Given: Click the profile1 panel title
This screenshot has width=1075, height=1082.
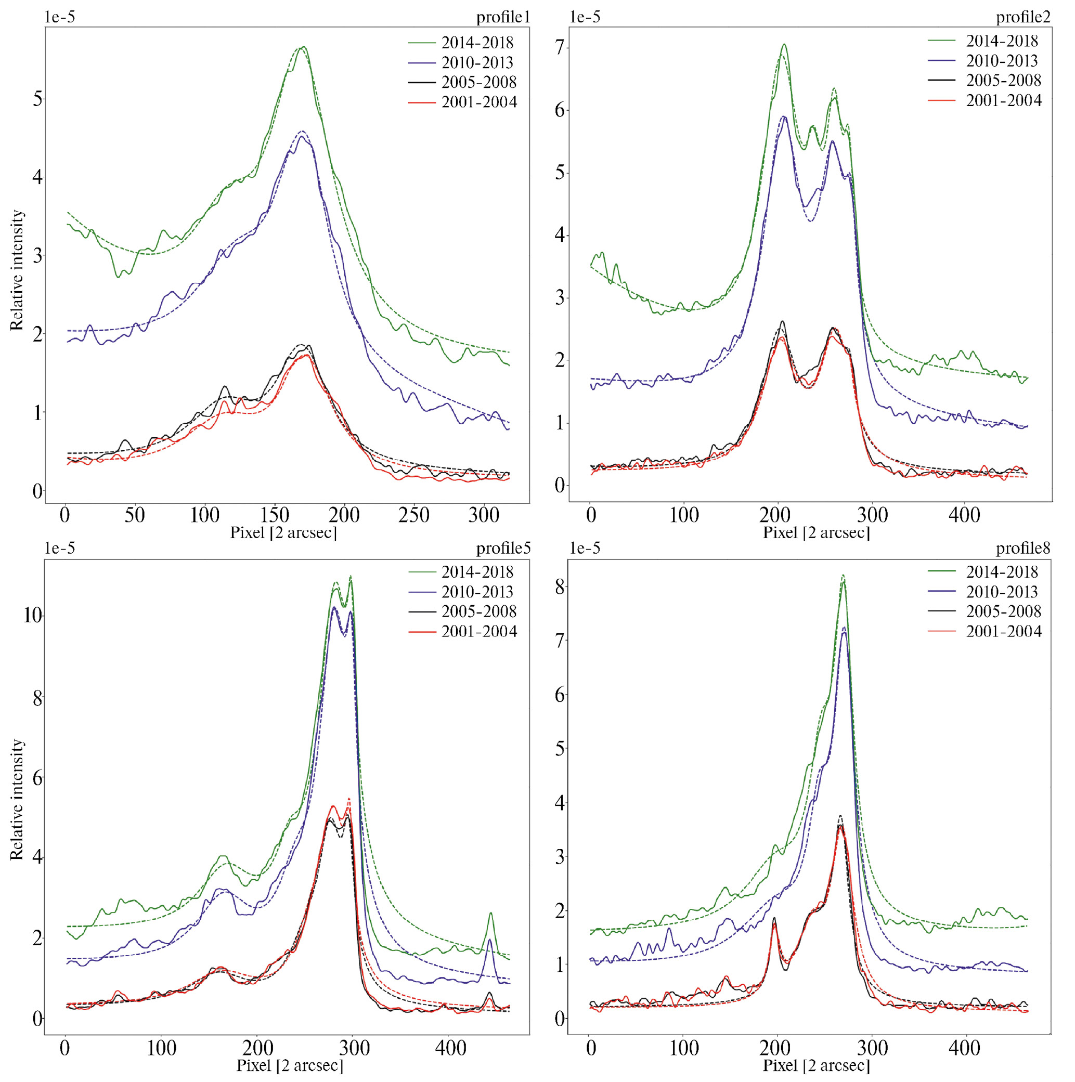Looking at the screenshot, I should pyautogui.click(x=502, y=17).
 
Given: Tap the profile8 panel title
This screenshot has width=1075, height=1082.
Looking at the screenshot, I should pyautogui.click(x=1023, y=549).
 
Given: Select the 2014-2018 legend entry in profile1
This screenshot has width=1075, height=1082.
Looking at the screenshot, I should pyautogui.click(x=477, y=43).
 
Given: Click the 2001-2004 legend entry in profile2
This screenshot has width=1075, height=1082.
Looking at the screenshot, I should pyautogui.click(x=1003, y=101).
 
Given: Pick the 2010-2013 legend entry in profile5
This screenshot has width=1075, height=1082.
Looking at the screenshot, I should pyautogui.click(x=477, y=592).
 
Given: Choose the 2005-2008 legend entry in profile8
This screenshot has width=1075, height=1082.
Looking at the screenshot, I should pyautogui.click(x=1003, y=611).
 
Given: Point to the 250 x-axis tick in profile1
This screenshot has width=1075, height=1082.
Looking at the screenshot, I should pyautogui.click(x=414, y=516).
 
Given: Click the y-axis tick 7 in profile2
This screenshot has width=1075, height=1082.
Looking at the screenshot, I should pyautogui.click(x=559, y=48).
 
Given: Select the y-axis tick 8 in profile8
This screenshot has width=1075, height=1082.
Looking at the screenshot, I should pyautogui.click(x=559, y=587).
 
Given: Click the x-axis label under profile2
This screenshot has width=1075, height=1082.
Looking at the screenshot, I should pyautogui.click(x=816, y=532).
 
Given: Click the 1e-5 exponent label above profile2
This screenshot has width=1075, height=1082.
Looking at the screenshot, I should pyautogui.click(x=585, y=17).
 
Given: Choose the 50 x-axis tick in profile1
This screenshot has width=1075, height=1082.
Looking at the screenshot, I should pyautogui.click(x=135, y=516).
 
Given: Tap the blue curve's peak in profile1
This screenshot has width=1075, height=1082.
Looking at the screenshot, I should pyautogui.click(x=301, y=136).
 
